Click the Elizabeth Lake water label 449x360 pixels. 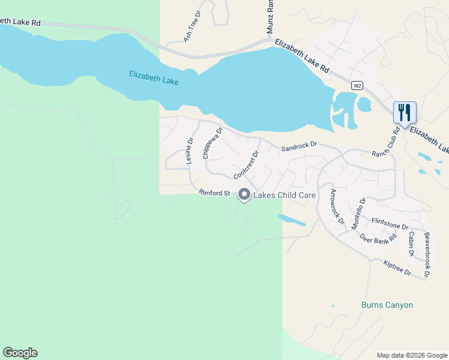pos(154,77)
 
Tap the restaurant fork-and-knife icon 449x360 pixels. pos(405,112)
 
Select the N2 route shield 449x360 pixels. pos(357,86)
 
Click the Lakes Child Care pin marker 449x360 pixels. pos(244,195)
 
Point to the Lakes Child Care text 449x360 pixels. pos(285,195)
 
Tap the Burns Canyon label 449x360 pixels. pos(387,305)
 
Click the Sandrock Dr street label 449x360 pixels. pos(299,146)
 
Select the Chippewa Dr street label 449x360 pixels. pos(212,142)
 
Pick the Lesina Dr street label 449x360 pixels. pos(190,151)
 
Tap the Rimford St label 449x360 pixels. pos(214,193)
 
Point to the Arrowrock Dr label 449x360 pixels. pos(337,206)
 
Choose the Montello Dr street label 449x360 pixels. pos(358,214)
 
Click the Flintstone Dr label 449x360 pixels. pos(390,223)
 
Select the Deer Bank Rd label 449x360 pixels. pos(378,238)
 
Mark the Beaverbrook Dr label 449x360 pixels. pos(427,254)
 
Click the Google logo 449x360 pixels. pos(20,353)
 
